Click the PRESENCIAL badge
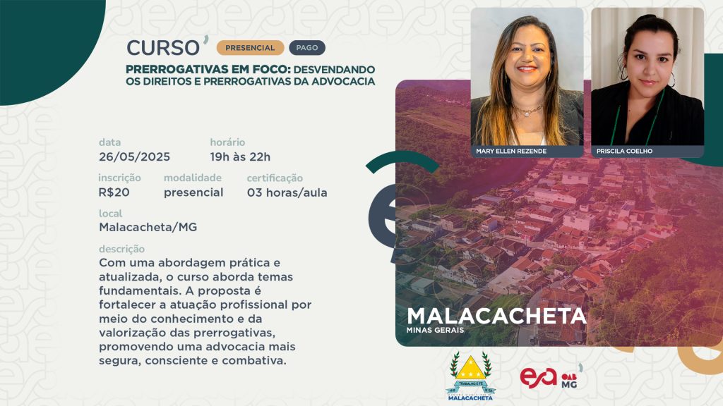[250, 48]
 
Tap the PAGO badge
[307, 48]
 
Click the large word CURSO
[163, 48]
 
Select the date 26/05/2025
[134, 157]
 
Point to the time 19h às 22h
[240, 157]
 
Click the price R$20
[114, 192]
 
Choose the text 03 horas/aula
[287, 192]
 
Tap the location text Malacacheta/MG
[148, 228]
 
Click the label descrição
[121, 249]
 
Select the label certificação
[275, 178]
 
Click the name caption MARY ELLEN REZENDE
[511, 151]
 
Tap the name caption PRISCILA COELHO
[624, 151]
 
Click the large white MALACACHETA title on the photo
[496, 316]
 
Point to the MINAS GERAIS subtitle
[435, 330]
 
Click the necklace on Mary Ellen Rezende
[527, 111]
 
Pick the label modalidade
[193, 178]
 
